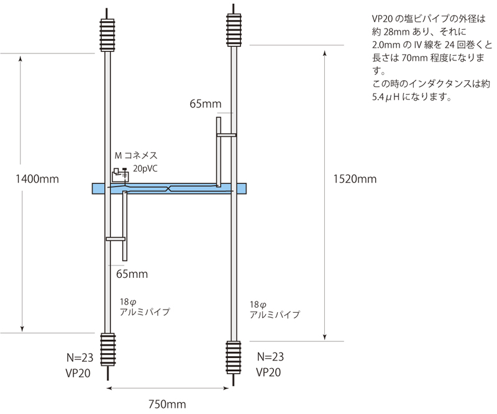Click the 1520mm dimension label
[354, 180]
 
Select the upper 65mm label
[206, 104]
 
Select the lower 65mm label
[132, 273]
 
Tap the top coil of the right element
[234, 29]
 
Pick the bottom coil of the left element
[108, 351]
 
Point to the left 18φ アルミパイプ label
[144, 306]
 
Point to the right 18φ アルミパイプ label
[274, 310]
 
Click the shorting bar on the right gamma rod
[226, 134]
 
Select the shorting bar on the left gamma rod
[116, 238]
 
